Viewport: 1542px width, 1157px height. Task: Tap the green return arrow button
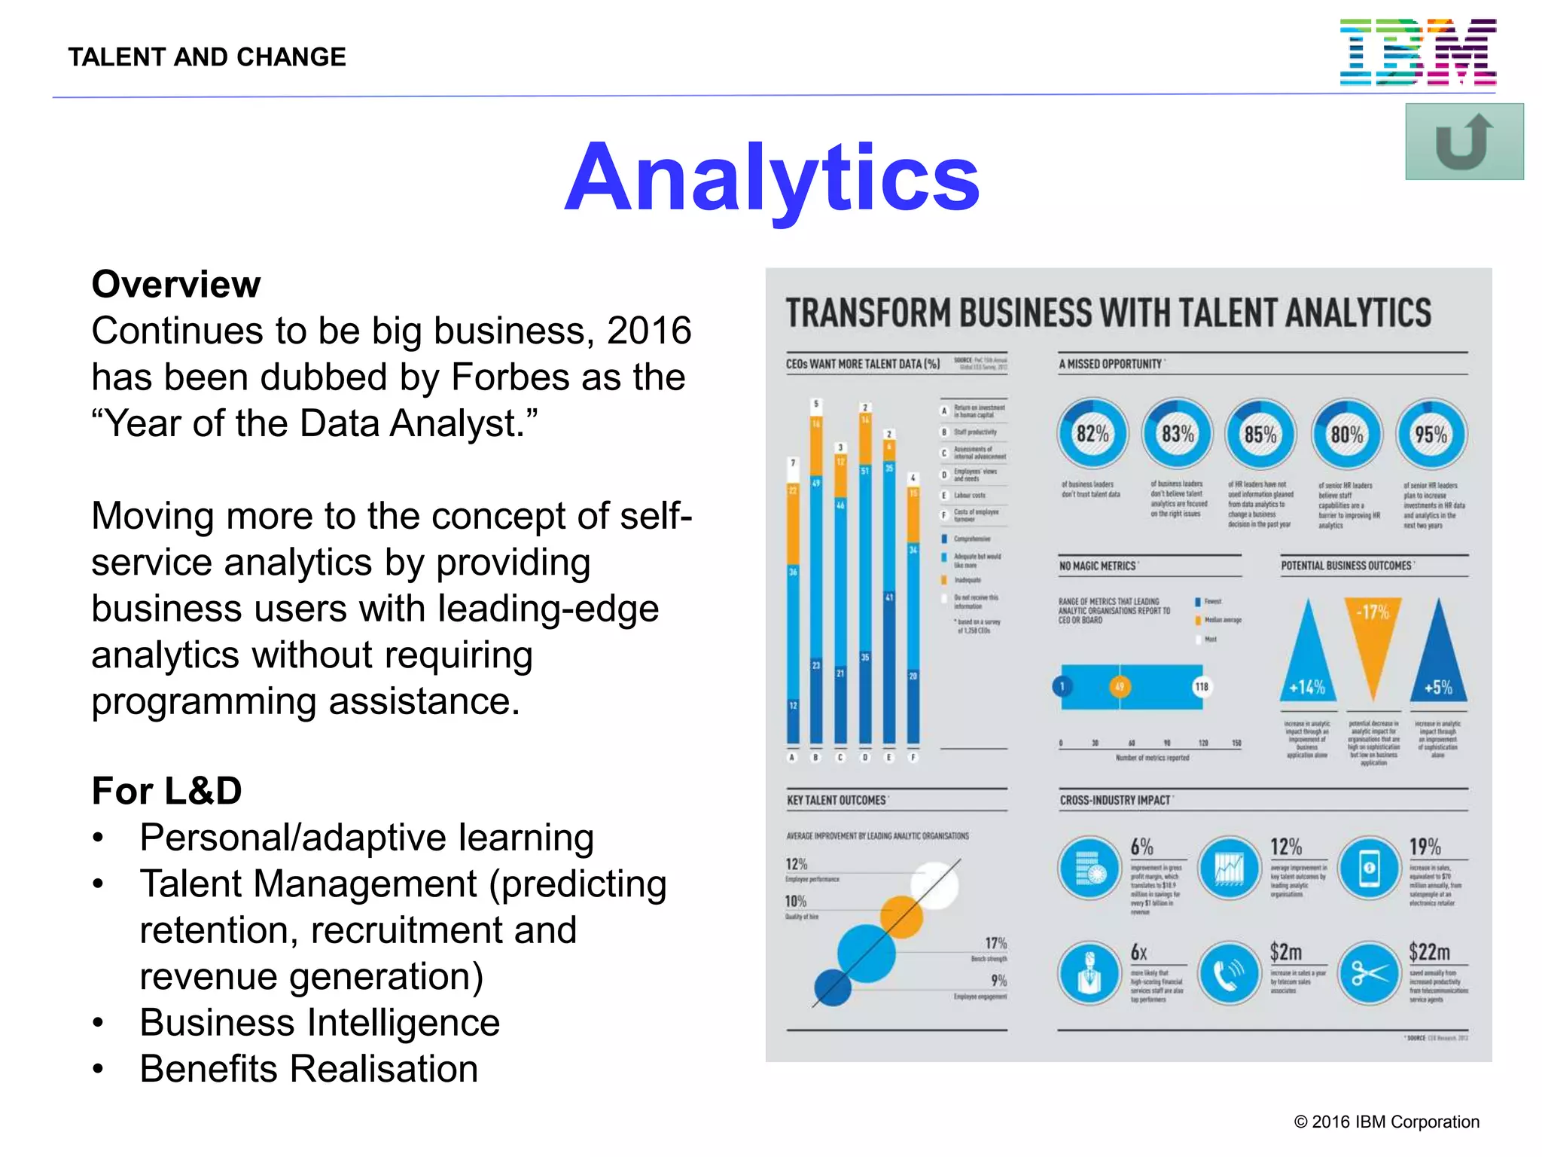(1464, 142)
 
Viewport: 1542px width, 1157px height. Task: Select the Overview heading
(176, 285)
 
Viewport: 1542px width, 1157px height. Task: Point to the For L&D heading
(166, 791)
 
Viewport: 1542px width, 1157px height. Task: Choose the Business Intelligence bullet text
(320, 1023)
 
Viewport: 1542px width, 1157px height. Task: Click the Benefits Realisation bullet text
(309, 1069)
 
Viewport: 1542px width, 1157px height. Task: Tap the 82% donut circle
(1092, 434)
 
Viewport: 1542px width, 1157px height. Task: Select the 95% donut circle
(1431, 434)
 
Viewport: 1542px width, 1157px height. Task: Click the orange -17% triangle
(1373, 640)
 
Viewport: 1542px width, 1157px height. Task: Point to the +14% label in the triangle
(1307, 687)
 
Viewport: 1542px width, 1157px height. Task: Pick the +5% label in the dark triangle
(1438, 687)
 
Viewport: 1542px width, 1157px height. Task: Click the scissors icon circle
(1369, 973)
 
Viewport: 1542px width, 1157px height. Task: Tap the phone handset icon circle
(1229, 973)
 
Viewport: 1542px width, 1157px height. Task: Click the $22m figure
(1429, 952)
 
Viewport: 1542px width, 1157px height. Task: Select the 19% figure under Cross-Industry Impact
(1425, 847)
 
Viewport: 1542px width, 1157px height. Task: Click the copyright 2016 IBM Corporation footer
(1386, 1122)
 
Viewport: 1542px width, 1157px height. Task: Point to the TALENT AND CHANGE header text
(207, 57)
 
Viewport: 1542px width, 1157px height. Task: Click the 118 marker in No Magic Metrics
(1202, 686)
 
